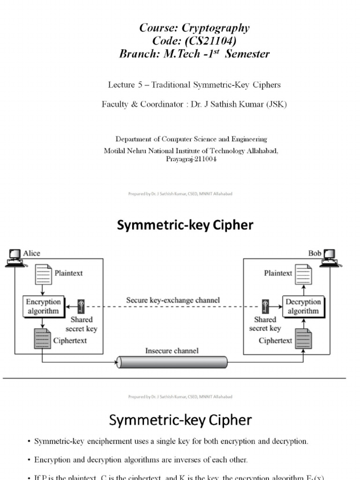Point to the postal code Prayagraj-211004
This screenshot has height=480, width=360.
[x=191, y=159]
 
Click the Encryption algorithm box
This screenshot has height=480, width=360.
[x=43, y=307]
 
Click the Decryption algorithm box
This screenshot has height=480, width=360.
[x=303, y=307]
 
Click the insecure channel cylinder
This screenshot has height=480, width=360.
[x=172, y=362]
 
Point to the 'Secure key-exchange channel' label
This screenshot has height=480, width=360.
[x=172, y=300]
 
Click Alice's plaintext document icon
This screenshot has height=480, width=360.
[x=43, y=274]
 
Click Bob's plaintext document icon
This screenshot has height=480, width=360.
[x=302, y=274]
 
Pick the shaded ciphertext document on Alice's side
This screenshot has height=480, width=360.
[x=43, y=339]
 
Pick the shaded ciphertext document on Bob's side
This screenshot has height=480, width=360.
[x=303, y=339]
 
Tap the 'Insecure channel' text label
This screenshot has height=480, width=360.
[x=172, y=351]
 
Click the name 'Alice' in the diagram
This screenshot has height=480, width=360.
[x=32, y=253]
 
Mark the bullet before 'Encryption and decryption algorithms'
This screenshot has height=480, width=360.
[x=29, y=460]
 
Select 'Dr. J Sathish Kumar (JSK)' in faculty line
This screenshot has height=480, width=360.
[x=239, y=104]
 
